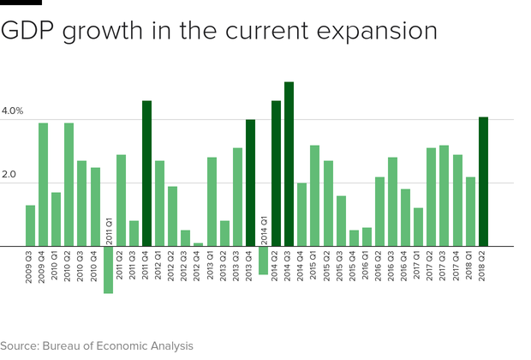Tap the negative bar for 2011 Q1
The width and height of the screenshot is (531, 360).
tap(108, 270)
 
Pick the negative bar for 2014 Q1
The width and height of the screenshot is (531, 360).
tap(263, 261)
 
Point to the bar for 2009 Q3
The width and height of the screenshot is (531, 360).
tap(30, 226)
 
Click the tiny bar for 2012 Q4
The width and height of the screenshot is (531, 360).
tap(199, 244)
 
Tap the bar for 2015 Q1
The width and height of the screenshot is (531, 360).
tap(314, 196)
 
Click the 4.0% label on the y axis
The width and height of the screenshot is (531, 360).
tap(12, 111)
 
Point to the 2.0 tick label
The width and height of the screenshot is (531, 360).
tap(9, 175)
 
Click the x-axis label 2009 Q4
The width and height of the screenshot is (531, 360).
tap(43, 266)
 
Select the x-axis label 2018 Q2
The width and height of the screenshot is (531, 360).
tap(483, 266)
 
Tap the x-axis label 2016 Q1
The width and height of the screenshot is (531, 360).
tap(367, 266)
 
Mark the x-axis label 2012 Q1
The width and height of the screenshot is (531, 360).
tap(160, 266)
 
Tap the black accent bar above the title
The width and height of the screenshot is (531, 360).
tap(20, 3)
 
